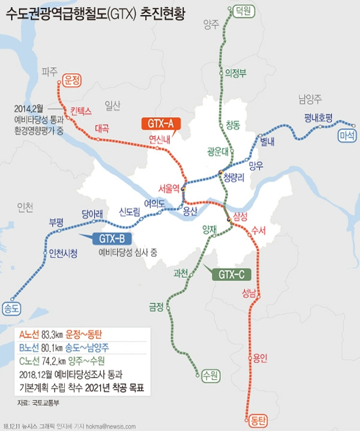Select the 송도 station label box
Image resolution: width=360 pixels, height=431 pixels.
[12, 309]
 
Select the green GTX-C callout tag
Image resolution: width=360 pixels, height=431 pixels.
[232, 275]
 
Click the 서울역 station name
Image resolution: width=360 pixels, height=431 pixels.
[169, 188]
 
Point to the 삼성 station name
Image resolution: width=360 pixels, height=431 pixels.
[241, 215]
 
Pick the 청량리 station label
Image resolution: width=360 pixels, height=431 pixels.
[234, 178]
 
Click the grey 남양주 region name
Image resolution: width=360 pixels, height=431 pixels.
[310, 97]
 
